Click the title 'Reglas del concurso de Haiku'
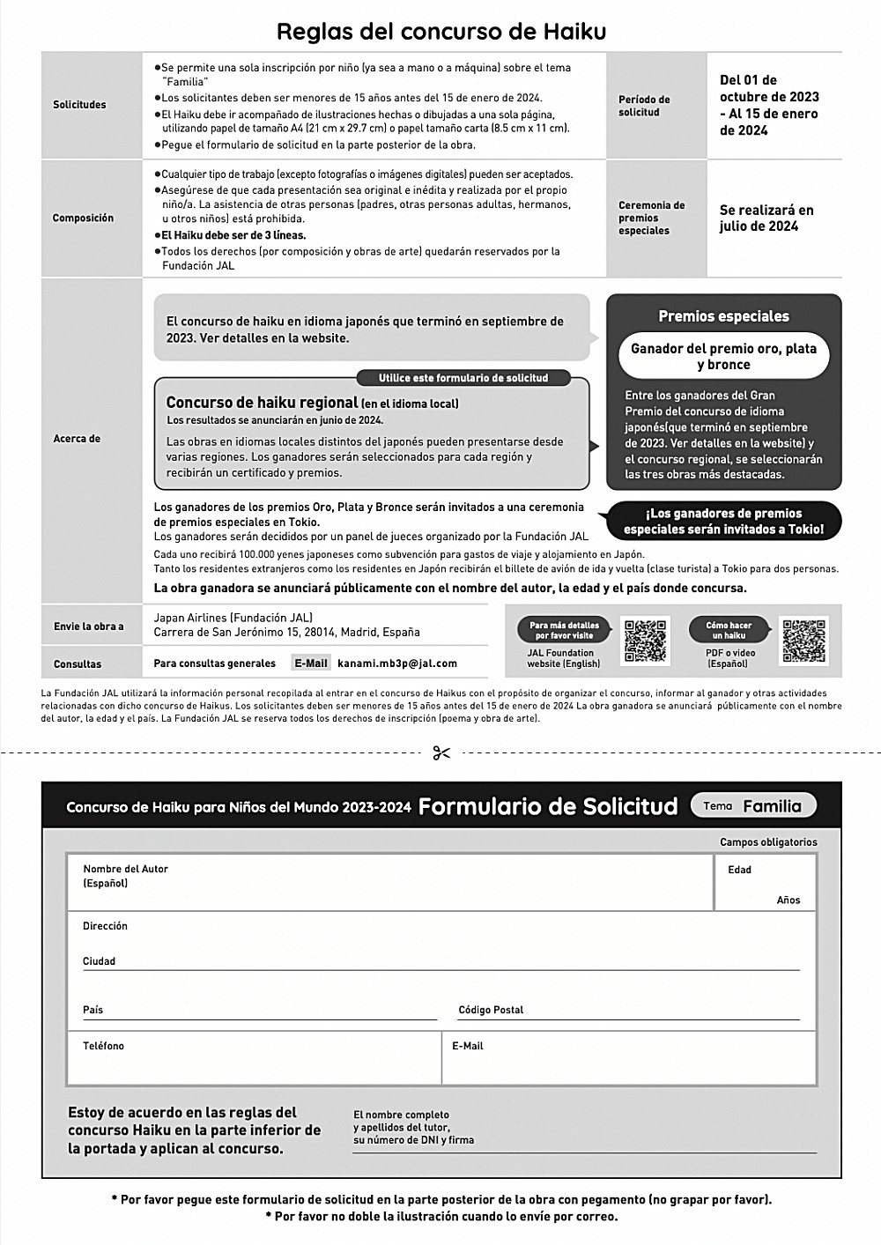(440, 32)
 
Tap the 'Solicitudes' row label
(79, 105)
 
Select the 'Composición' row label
(83, 219)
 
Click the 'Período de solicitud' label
(644, 106)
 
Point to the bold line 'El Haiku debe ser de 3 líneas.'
(233, 235)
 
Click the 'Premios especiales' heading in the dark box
(723, 316)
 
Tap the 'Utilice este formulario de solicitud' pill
(463, 378)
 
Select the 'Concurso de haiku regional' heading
(262, 403)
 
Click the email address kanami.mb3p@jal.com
(397, 663)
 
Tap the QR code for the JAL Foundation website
(645, 641)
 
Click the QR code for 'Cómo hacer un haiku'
(804, 641)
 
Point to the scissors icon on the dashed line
(441, 752)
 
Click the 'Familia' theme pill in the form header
(754, 805)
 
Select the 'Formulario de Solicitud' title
(548, 806)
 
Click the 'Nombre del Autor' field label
(125, 870)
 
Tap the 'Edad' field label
(739, 871)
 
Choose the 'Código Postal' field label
(491, 1010)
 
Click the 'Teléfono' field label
(103, 1046)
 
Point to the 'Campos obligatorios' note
(768, 842)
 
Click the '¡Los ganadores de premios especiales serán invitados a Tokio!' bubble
(723, 522)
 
